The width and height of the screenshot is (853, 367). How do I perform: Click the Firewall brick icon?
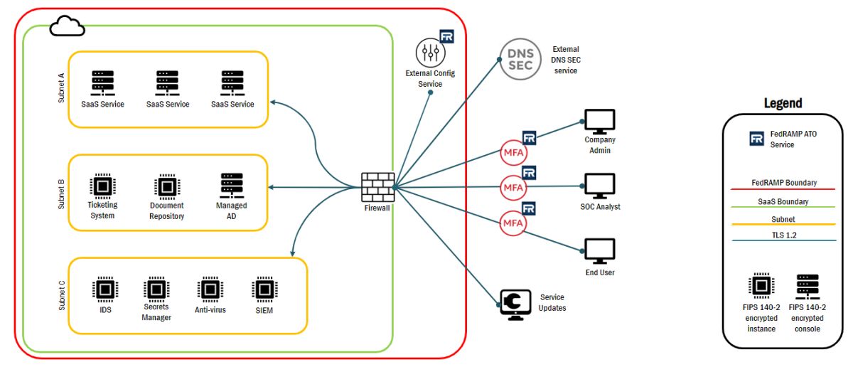click(x=374, y=186)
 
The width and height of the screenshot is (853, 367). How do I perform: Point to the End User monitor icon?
click(x=599, y=251)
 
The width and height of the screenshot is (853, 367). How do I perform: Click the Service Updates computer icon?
click(x=517, y=304)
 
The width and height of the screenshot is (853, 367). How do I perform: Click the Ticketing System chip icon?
click(x=102, y=186)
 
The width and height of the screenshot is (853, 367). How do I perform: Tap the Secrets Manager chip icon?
click(x=156, y=289)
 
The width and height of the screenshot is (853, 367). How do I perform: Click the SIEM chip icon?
click(x=263, y=289)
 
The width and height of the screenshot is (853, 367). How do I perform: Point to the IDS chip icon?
click(x=104, y=289)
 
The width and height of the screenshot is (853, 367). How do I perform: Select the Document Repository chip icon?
click(x=166, y=186)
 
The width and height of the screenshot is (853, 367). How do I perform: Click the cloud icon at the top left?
click(x=67, y=27)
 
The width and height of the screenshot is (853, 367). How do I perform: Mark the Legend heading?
click(x=783, y=103)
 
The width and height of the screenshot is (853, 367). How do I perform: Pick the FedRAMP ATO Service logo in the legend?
click(x=757, y=138)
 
